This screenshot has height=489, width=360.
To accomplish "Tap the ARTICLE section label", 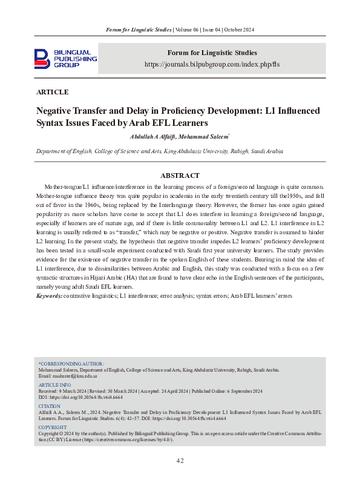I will tap(53, 93).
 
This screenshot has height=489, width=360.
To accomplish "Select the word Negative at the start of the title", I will tap(57, 111).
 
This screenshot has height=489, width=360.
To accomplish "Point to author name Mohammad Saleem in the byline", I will tap(207, 137).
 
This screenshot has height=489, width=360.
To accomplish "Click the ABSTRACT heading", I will tap(180, 176).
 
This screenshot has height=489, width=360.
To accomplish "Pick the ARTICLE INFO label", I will tap(54, 385).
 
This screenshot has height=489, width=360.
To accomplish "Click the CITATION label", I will tap(50, 406).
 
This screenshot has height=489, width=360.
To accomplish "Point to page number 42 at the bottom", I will tap(180, 461).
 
